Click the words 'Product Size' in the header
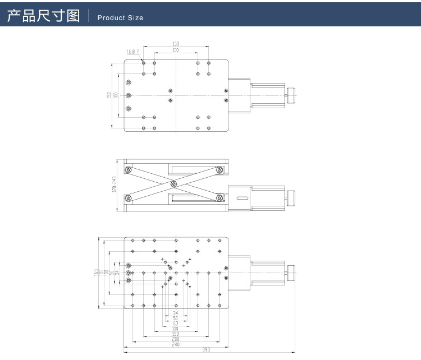click(x=120, y=18)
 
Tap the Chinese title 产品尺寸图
click(x=43, y=16)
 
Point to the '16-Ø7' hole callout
click(x=132, y=52)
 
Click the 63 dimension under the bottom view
click(x=176, y=324)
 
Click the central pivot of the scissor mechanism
click(x=175, y=183)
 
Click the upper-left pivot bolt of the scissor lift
click(x=129, y=170)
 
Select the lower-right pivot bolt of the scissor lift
click(x=218, y=197)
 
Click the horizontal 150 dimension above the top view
click(x=176, y=44)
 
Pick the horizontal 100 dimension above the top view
click(x=176, y=50)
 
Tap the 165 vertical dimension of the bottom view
click(x=97, y=273)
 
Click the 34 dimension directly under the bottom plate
click(x=176, y=312)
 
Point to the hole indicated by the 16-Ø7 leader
click(x=144, y=63)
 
